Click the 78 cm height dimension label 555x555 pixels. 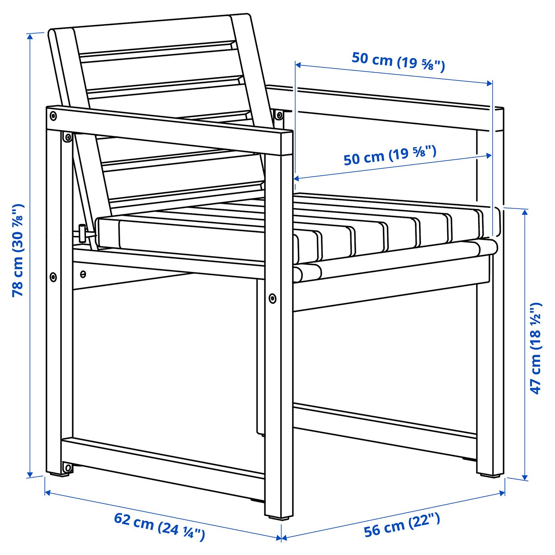[18, 251]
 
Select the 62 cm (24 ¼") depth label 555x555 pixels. [159, 526]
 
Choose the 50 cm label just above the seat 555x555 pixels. [390, 155]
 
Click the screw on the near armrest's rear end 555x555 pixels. [53, 116]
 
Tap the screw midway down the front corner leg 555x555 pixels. [272, 298]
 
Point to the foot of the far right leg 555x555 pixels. [490, 474]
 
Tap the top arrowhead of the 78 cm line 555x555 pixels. [30, 36]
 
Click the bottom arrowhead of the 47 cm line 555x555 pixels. [525, 477]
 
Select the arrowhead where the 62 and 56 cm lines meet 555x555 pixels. [281, 538]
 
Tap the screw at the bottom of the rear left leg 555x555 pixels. [68, 468]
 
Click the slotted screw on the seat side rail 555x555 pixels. [83, 274]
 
